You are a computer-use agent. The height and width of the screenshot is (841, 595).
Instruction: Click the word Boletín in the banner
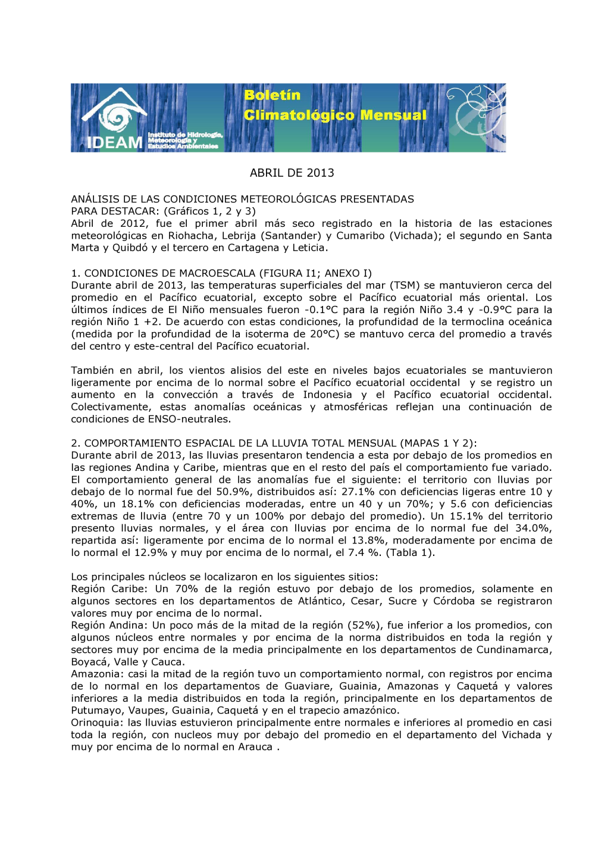point(272,95)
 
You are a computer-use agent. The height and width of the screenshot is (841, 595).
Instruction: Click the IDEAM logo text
point(115,142)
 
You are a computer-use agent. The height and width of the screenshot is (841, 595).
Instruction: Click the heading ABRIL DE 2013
point(292,173)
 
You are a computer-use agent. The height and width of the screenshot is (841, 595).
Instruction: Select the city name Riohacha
point(190,236)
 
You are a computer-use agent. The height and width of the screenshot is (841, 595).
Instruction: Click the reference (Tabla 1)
point(410,552)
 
